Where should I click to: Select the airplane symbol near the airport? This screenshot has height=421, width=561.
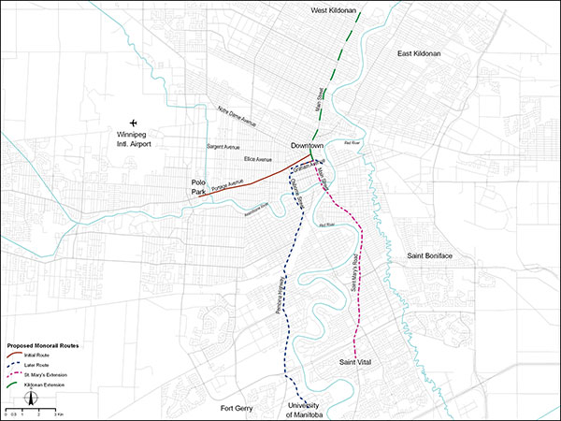tap(135, 123)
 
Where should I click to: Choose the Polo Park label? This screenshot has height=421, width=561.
tap(198, 186)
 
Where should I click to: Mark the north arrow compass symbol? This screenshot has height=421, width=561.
tap(28, 399)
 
